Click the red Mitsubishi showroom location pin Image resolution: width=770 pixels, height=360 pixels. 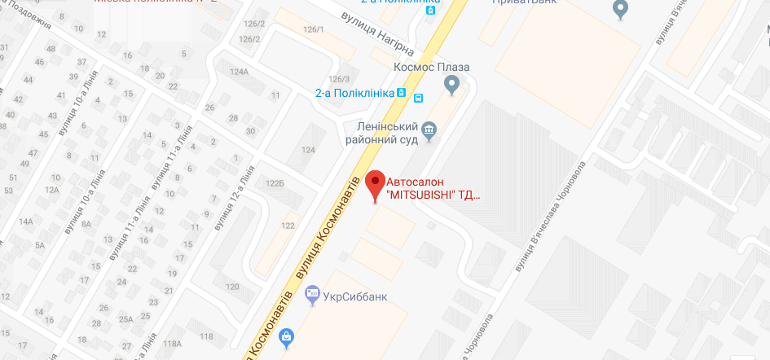point(375,184)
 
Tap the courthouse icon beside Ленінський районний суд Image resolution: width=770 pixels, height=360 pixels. point(431,129)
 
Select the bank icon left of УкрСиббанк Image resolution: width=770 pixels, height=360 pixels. point(311,298)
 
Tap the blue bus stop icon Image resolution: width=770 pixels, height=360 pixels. point(418,98)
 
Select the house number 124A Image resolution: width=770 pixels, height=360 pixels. point(239,72)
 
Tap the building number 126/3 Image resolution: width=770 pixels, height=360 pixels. point(338,78)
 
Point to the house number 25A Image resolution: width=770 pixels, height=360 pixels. point(126,319)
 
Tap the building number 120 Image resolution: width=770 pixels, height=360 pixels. point(232,287)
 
